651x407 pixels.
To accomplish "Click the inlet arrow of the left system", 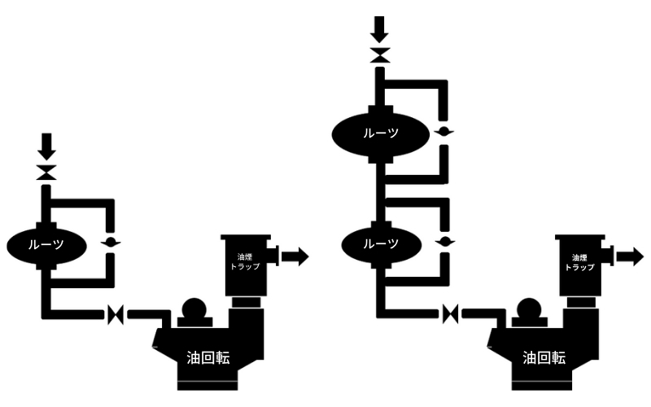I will tap(46, 147).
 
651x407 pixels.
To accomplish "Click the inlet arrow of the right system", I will tap(379, 28).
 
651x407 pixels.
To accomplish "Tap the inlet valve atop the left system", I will tap(46, 173).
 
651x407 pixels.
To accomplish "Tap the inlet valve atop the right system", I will tap(379, 55).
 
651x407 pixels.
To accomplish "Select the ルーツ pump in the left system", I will tap(46, 243).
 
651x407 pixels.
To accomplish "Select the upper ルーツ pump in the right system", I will tap(380, 133).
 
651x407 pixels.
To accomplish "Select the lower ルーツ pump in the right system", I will tap(380, 243).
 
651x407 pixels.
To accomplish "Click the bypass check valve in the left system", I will tap(112, 243).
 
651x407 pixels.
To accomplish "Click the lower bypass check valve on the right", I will tap(444, 243).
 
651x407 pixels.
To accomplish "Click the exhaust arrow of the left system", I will tap(295, 257).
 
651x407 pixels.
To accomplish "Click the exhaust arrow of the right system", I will tap(629, 257).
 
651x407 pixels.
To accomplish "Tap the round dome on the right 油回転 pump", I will tap(528, 310).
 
